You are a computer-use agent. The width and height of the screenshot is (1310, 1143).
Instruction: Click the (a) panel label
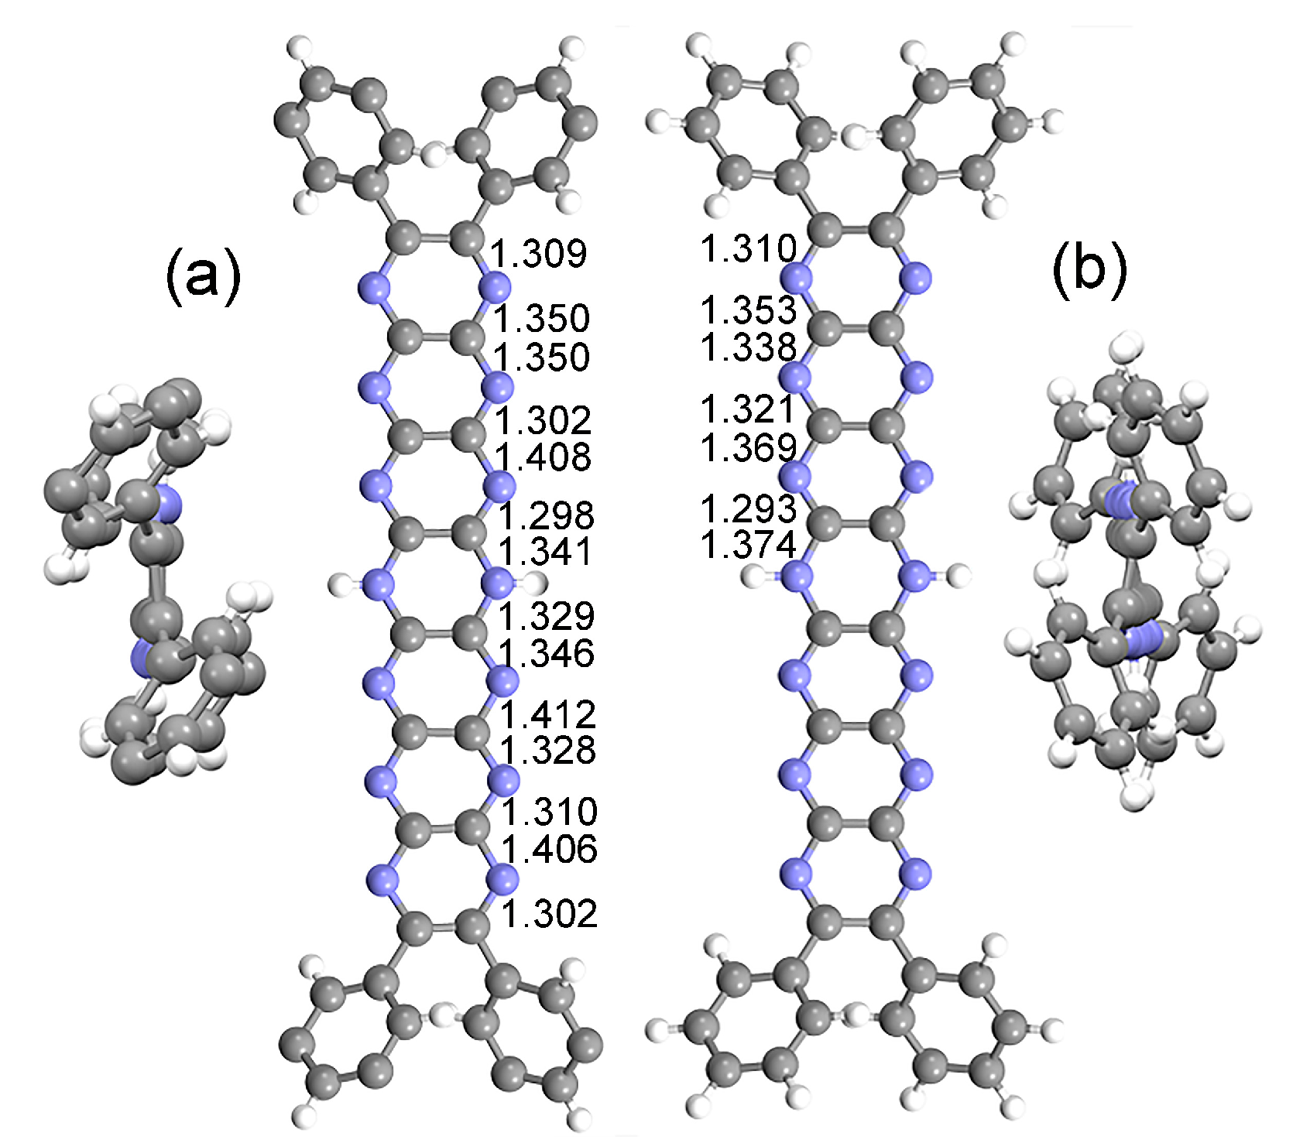tap(203, 275)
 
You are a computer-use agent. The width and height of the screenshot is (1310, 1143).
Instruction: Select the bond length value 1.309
tap(539, 253)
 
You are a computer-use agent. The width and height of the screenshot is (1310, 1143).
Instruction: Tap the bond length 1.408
tap(544, 457)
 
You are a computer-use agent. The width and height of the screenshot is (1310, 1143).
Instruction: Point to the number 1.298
tap(546, 515)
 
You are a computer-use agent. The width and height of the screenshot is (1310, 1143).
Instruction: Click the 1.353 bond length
tap(748, 310)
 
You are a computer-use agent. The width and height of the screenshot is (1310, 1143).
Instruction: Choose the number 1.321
tap(748, 409)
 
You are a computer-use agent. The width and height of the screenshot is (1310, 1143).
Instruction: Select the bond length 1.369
tap(748, 447)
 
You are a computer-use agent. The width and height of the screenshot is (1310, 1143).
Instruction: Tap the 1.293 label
tap(748, 508)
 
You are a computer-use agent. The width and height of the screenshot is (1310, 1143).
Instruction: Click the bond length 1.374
tap(748, 545)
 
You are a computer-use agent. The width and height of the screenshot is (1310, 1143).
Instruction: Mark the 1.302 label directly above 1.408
tap(544, 421)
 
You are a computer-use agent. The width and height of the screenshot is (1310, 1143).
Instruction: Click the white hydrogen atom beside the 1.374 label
tap(753, 575)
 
